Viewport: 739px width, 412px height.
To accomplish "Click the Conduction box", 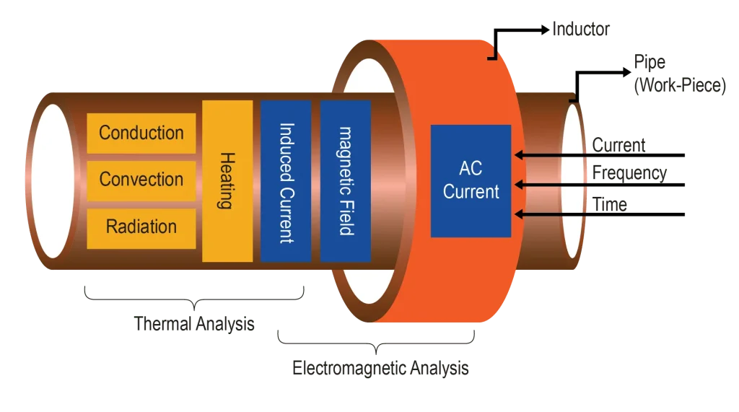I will click(141, 133).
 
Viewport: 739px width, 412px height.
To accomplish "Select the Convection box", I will click(141, 180).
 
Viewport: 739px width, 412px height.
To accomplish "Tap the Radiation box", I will click(141, 227).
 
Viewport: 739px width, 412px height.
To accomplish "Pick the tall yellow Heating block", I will click(227, 180).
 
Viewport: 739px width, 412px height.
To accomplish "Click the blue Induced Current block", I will click(285, 180).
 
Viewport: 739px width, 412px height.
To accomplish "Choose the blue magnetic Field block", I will click(345, 180).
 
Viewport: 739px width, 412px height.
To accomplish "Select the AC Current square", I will click(471, 180).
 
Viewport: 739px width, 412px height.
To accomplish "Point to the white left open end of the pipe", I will click(52, 180).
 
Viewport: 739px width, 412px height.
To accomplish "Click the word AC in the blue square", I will click(471, 169).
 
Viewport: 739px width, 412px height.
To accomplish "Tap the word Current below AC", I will click(471, 192).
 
